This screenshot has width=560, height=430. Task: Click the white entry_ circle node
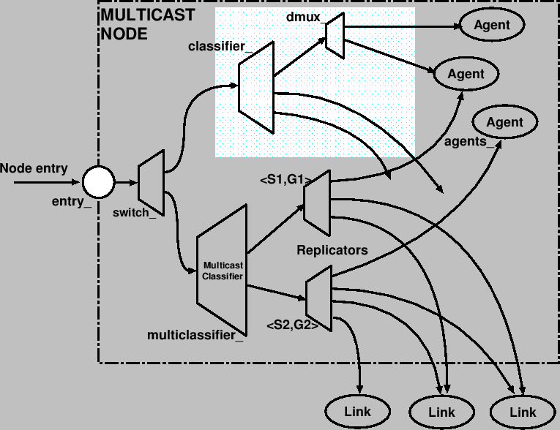tap(98, 180)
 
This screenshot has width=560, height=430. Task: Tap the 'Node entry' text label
tap(34, 168)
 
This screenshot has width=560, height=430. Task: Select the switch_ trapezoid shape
tap(151, 182)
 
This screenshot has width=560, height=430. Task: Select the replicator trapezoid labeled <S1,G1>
tap(317, 203)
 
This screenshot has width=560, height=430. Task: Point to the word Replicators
tap(332, 250)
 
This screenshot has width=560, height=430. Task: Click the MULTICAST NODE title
tap(146, 24)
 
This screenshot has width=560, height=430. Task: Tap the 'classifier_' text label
tap(220, 47)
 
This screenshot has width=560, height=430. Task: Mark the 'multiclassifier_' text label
tap(195, 336)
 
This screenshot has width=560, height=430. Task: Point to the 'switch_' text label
tap(135, 213)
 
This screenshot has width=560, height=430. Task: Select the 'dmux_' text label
tap(304, 17)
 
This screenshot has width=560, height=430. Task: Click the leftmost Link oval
tap(357, 411)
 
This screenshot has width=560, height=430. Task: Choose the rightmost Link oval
tap(523, 411)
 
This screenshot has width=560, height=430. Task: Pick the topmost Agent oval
tap(492, 26)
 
